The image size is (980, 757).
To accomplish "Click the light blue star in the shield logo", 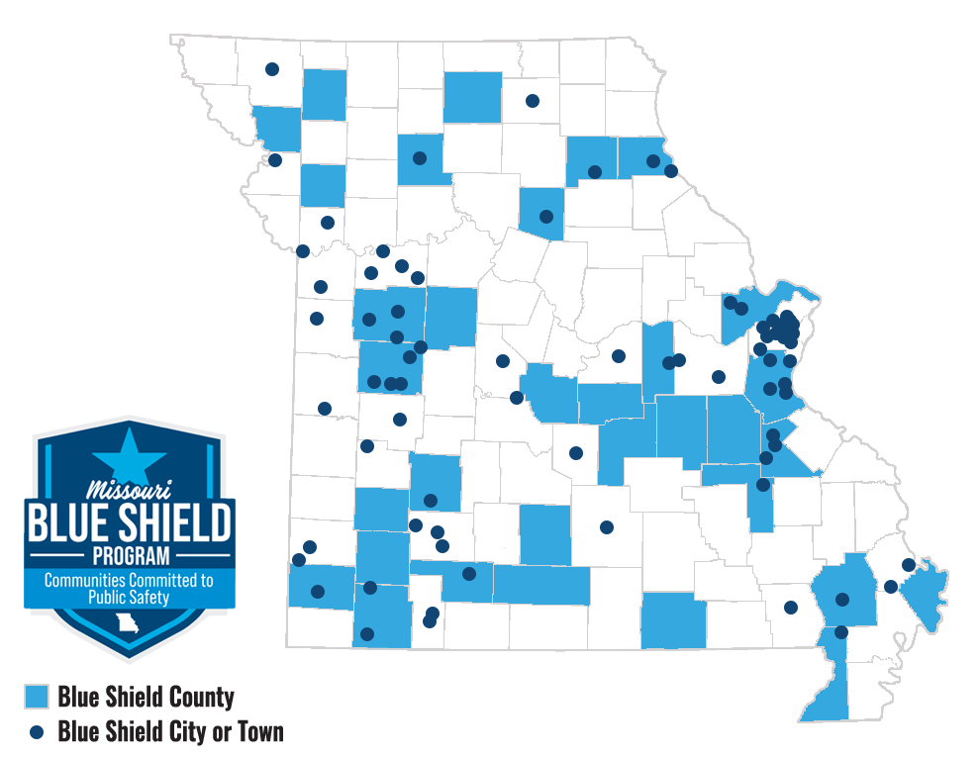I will tap(129, 456).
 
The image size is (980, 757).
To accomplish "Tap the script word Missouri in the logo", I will tap(129, 488).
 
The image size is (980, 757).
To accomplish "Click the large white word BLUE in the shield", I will tap(71, 520).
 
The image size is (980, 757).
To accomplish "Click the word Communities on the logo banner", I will tap(85, 581).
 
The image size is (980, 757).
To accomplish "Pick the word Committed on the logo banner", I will tap(160, 581).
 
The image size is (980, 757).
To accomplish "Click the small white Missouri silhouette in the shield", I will tap(126, 625).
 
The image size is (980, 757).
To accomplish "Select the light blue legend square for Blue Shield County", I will tap(36, 698).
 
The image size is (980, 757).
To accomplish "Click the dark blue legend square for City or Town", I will tap(36, 733).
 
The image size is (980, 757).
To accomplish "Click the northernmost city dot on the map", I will tap(271, 69).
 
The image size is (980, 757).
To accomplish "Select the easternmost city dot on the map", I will tap(909, 565).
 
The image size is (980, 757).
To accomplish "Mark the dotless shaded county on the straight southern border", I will tap(673, 620).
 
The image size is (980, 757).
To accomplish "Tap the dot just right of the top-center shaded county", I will tap(532, 100).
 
